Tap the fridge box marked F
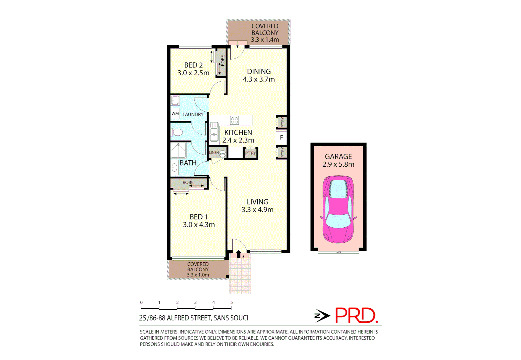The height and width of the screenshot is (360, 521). [281, 137]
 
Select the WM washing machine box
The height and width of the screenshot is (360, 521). [175, 114]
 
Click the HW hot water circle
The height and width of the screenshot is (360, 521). [222, 154]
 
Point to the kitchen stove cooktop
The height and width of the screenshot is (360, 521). [234, 120]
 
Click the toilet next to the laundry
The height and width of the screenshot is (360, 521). [177, 132]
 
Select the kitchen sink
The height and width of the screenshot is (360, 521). [214, 132]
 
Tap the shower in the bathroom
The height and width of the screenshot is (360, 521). [178, 150]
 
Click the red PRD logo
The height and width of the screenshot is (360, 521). [356, 315]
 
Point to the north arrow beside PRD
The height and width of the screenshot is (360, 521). [322, 315]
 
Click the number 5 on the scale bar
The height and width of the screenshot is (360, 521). [231, 302]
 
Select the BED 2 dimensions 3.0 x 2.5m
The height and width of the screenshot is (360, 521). [193, 73]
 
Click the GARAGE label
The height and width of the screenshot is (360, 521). [338, 156]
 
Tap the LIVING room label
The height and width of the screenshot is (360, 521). [257, 202]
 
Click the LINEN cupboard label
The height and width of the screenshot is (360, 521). [214, 153]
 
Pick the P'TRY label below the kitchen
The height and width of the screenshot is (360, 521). [250, 153]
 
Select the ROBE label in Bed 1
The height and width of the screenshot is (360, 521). [188, 182]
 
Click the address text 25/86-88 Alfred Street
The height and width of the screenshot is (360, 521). [193, 318]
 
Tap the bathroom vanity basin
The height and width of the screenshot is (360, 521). [174, 167]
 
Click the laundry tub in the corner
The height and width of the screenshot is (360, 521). [175, 100]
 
